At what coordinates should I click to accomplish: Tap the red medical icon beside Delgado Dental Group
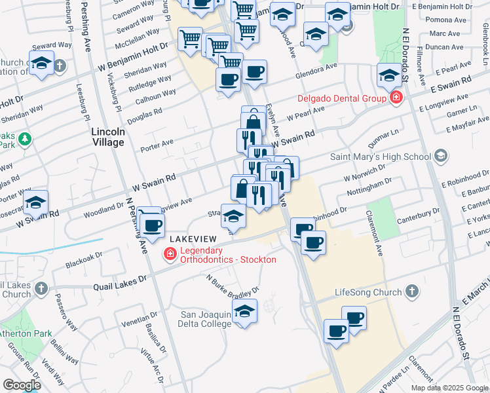pyautogui.click(x=396, y=99)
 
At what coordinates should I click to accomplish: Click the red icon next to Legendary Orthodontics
pyautogui.click(x=170, y=254)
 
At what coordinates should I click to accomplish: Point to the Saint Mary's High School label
pyautogui.click(x=380, y=157)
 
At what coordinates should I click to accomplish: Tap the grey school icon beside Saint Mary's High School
pyautogui.click(x=440, y=156)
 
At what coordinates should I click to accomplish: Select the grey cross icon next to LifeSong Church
pyautogui.click(x=412, y=291)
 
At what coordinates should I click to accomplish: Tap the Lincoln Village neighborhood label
pyautogui.click(x=108, y=137)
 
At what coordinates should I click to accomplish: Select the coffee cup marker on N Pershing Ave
pyautogui.click(x=153, y=226)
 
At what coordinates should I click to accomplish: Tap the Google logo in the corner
pyautogui.click(x=22, y=385)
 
